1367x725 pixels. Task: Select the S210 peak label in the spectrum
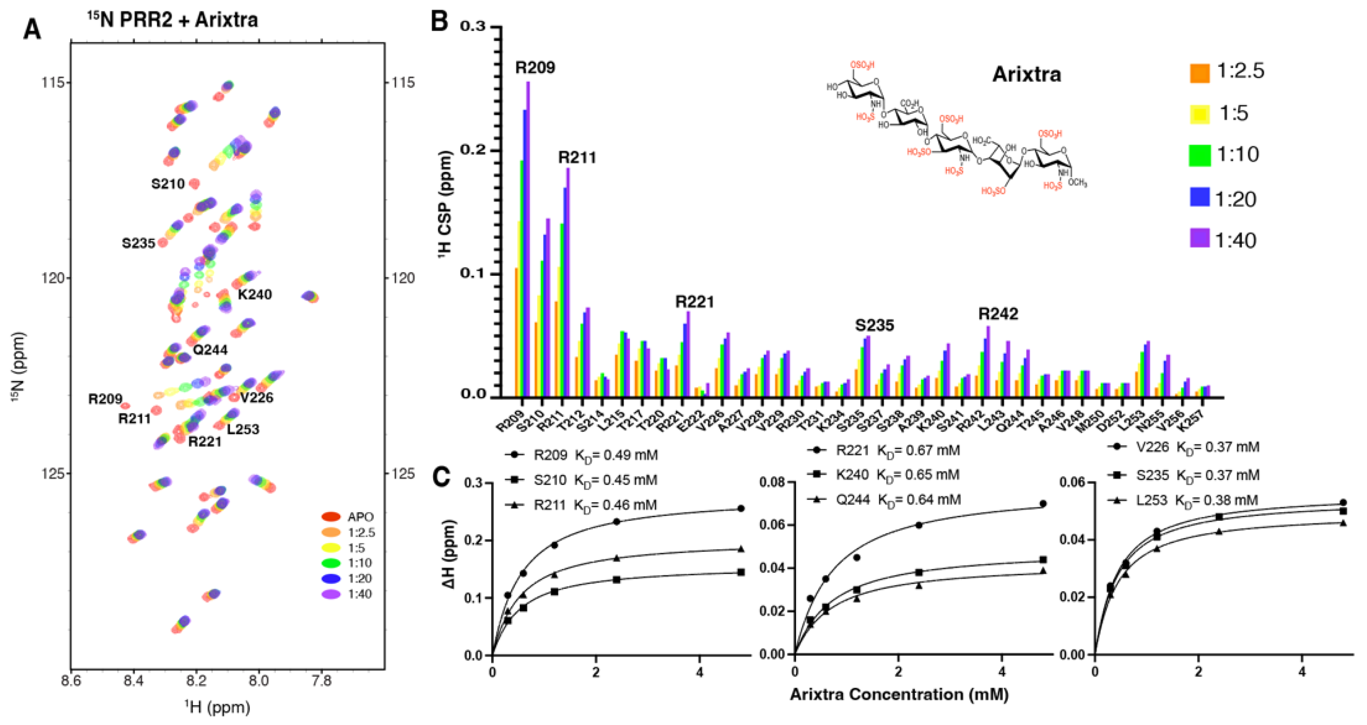[x=168, y=184]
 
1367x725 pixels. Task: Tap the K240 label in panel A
[x=255, y=294]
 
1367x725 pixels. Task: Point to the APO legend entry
[x=360, y=517]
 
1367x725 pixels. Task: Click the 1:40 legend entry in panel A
[x=359, y=594]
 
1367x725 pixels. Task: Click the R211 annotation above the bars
[x=577, y=157]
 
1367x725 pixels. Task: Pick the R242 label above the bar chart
[x=998, y=314]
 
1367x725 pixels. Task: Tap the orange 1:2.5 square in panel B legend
[x=1199, y=73]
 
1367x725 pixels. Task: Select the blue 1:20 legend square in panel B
[x=1199, y=197]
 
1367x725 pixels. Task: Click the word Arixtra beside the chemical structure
[x=1026, y=74]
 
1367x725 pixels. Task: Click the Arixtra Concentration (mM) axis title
[x=899, y=694]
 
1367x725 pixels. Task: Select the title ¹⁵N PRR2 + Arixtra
[x=173, y=20]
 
